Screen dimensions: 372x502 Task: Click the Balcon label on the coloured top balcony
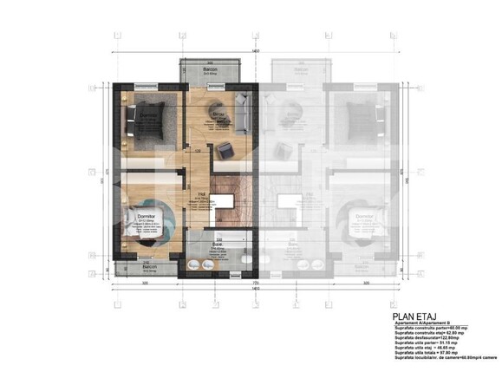(x=210, y=69)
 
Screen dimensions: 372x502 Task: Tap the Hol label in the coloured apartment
(x=202, y=193)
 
